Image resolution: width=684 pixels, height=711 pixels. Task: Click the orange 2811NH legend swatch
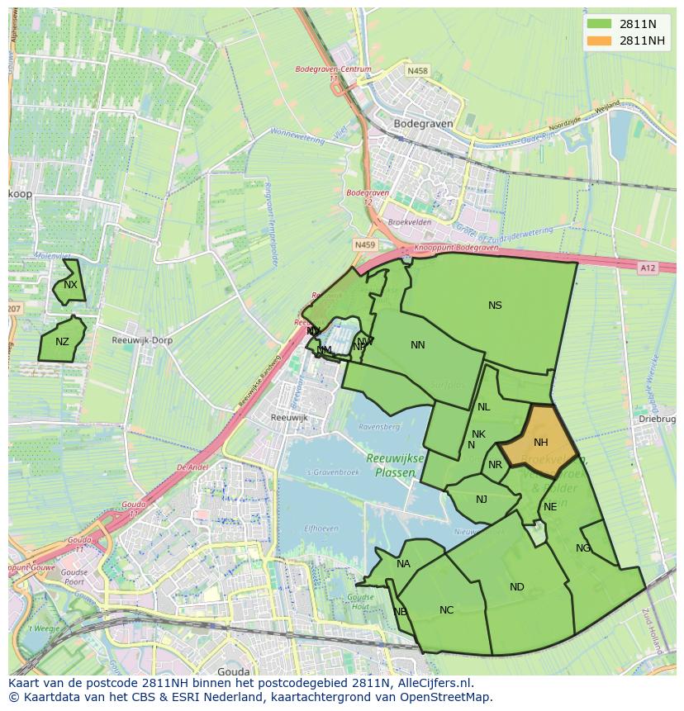(600, 40)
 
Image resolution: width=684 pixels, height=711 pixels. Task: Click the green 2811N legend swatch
(600, 23)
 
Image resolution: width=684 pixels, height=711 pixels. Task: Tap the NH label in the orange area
(541, 443)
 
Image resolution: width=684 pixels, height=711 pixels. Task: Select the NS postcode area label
(495, 306)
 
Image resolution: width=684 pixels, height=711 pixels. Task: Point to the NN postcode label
(418, 345)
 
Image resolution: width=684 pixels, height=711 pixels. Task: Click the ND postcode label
(517, 587)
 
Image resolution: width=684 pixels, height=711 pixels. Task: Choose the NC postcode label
(447, 610)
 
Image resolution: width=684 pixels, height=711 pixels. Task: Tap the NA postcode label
(403, 565)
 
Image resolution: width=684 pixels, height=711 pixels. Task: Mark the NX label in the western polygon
(70, 285)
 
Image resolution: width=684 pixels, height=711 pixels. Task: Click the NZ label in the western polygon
(63, 342)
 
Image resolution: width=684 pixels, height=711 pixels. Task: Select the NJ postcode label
(482, 499)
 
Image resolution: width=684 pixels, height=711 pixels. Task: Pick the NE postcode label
(550, 507)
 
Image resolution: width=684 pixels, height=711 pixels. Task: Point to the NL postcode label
(484, 407)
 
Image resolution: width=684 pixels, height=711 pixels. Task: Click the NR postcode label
(495, 465)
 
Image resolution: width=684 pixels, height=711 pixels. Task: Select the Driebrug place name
(657, 419)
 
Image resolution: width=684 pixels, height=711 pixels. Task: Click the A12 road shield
(647, 268)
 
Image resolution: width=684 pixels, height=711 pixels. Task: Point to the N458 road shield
(418, 71)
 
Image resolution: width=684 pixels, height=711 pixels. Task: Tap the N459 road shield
(364, 245)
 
